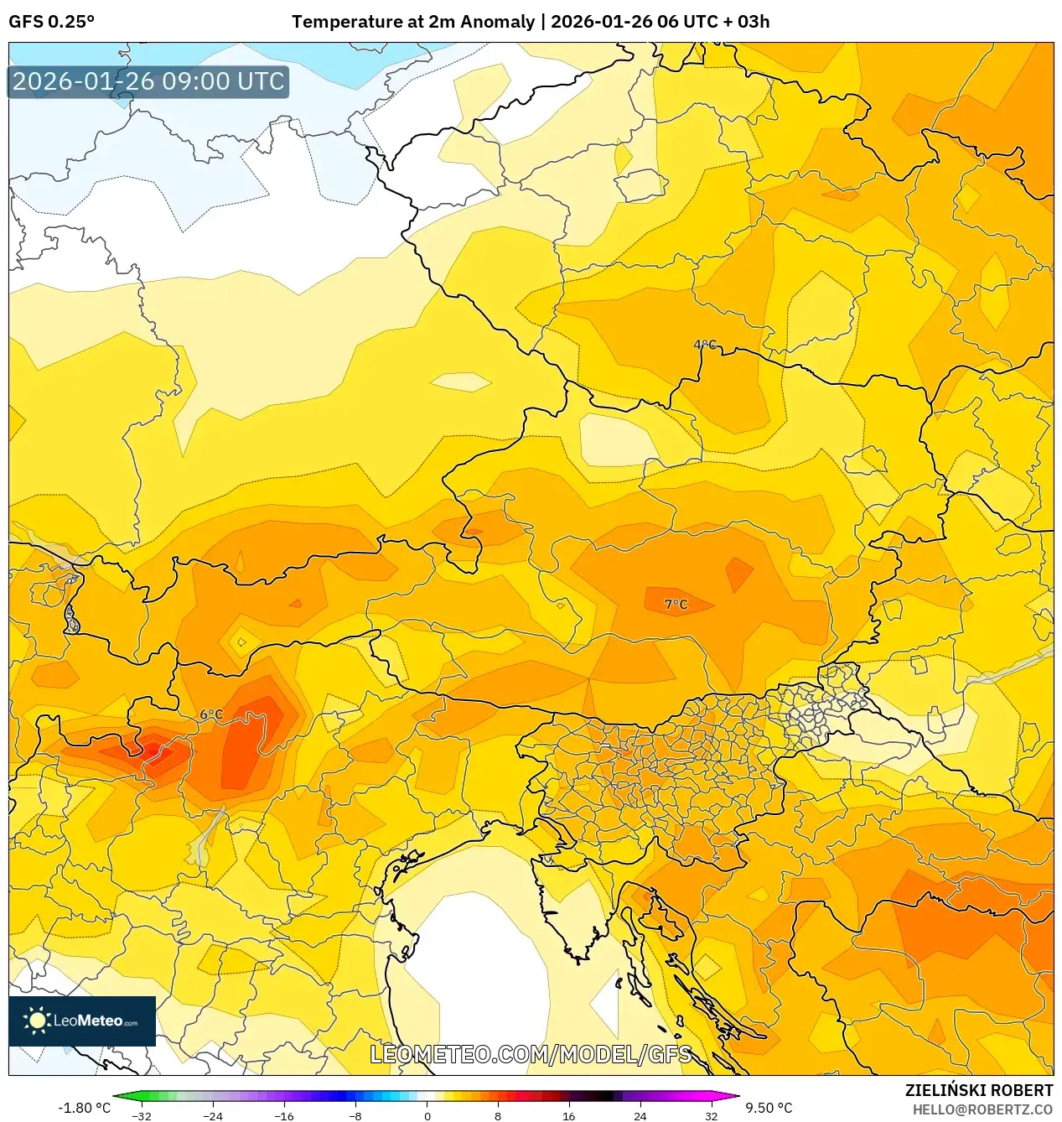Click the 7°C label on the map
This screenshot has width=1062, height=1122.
pos(676,604)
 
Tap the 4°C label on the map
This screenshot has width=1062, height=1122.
pos(705,345)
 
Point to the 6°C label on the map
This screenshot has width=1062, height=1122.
pos(211,714)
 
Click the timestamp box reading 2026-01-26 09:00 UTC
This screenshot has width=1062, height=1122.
pos(148,81)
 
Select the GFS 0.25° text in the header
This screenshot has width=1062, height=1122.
pos(51,22)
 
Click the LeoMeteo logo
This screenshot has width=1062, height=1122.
pos(82,1021)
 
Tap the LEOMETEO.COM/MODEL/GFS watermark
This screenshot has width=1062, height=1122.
pos(531,1054)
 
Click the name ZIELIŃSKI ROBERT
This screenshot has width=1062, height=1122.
pos(978,1090)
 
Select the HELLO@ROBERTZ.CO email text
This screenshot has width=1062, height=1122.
pos(982,1109)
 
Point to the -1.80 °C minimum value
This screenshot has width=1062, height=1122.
pos(84,1108)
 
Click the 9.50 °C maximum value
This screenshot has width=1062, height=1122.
pos(769,1108)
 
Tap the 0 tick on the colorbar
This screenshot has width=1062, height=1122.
pos(427,1116)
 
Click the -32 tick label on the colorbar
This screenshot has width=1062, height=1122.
pos(142,1116)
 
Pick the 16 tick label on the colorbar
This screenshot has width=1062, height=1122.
pos(568,1116)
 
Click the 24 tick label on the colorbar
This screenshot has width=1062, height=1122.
pos(640,1116)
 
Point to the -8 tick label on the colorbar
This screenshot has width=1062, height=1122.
pos(355,1116)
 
